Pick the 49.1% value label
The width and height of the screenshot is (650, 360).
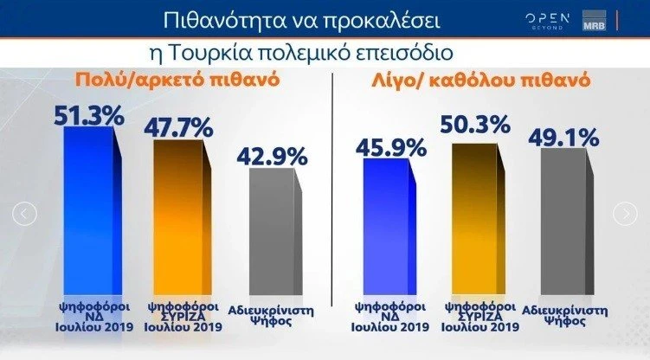coord(565,137)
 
